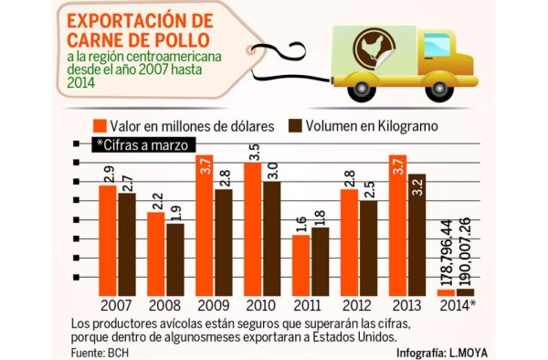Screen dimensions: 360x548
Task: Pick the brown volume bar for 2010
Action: pyautogui.click(x=271, y=238)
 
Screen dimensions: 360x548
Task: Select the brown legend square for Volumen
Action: pyautogui.click(x=295, y=124)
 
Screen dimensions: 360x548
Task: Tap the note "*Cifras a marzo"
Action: pyautogui.click(x=142, y=145)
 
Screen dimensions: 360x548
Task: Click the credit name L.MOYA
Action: pyautogui.click(x=469, y=352)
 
